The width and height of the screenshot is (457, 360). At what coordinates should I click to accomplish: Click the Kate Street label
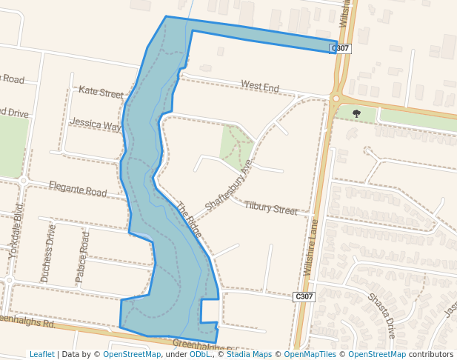pyautogui.click(x=101, y=93)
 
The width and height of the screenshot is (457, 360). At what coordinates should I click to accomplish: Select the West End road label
pyautogui.click(x=259, y=87)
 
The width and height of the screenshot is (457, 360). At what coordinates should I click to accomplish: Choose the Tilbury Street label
pyautogui.click(x=270, y=207)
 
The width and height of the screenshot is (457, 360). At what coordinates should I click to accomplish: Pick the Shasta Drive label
pyautogui.click(x=382, y=315)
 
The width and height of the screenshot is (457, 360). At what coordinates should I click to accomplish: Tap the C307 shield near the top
pyautogui.click(x=341, y=48)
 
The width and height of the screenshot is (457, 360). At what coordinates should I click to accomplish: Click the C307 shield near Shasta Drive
pyautogui.click(x=304, y=296)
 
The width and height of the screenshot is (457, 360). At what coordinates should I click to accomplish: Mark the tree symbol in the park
pyautogui.click(x=356, y=113)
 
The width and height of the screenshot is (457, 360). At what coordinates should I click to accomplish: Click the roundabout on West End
pyautogui.click(x=336, y=98)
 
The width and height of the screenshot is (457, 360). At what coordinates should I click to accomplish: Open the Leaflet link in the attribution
pyautogui.click(x=41, y=354)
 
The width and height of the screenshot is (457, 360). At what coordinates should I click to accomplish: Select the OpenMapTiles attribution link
pyautogui.click(x=305, y=354)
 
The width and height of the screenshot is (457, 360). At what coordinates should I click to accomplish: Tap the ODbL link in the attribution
pyautogui.click(x=199, y=354)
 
